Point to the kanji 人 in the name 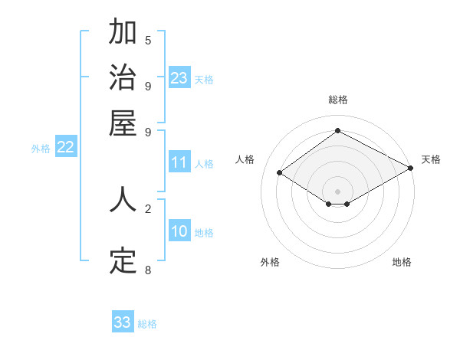point(123,200)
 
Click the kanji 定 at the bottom point(123,260)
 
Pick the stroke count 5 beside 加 point(148,40)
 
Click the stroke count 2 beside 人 point(148,208)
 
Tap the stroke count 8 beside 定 point(148,270)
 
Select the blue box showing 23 point(179,78)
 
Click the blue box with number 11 point(179,162)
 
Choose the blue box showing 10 point(179,232)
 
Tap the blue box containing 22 point(65,148)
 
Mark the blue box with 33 point(123,322)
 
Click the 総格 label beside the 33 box point(148,324)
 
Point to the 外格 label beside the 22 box point(41,149)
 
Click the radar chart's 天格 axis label point(431,159)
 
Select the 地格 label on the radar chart point(402,262)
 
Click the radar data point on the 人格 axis point(280,173)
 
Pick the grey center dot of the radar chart point(337,191)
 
